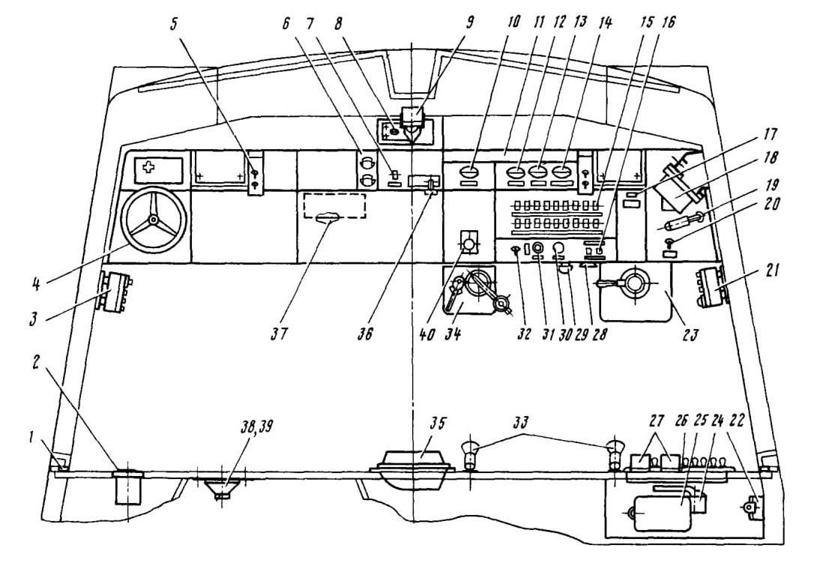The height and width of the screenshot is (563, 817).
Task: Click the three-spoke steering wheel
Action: [153, 220]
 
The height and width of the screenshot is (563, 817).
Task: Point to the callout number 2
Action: [37, 364]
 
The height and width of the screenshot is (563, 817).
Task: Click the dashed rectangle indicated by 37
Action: [334, 206]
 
